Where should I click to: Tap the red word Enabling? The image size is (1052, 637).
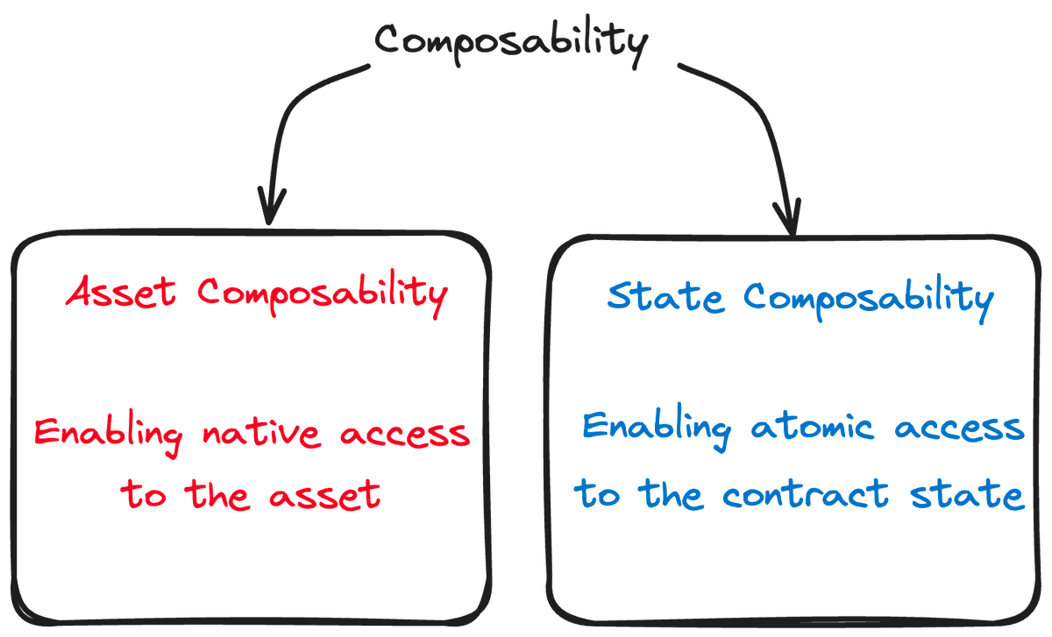(109, 435)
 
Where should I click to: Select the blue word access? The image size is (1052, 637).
(960, 428)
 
